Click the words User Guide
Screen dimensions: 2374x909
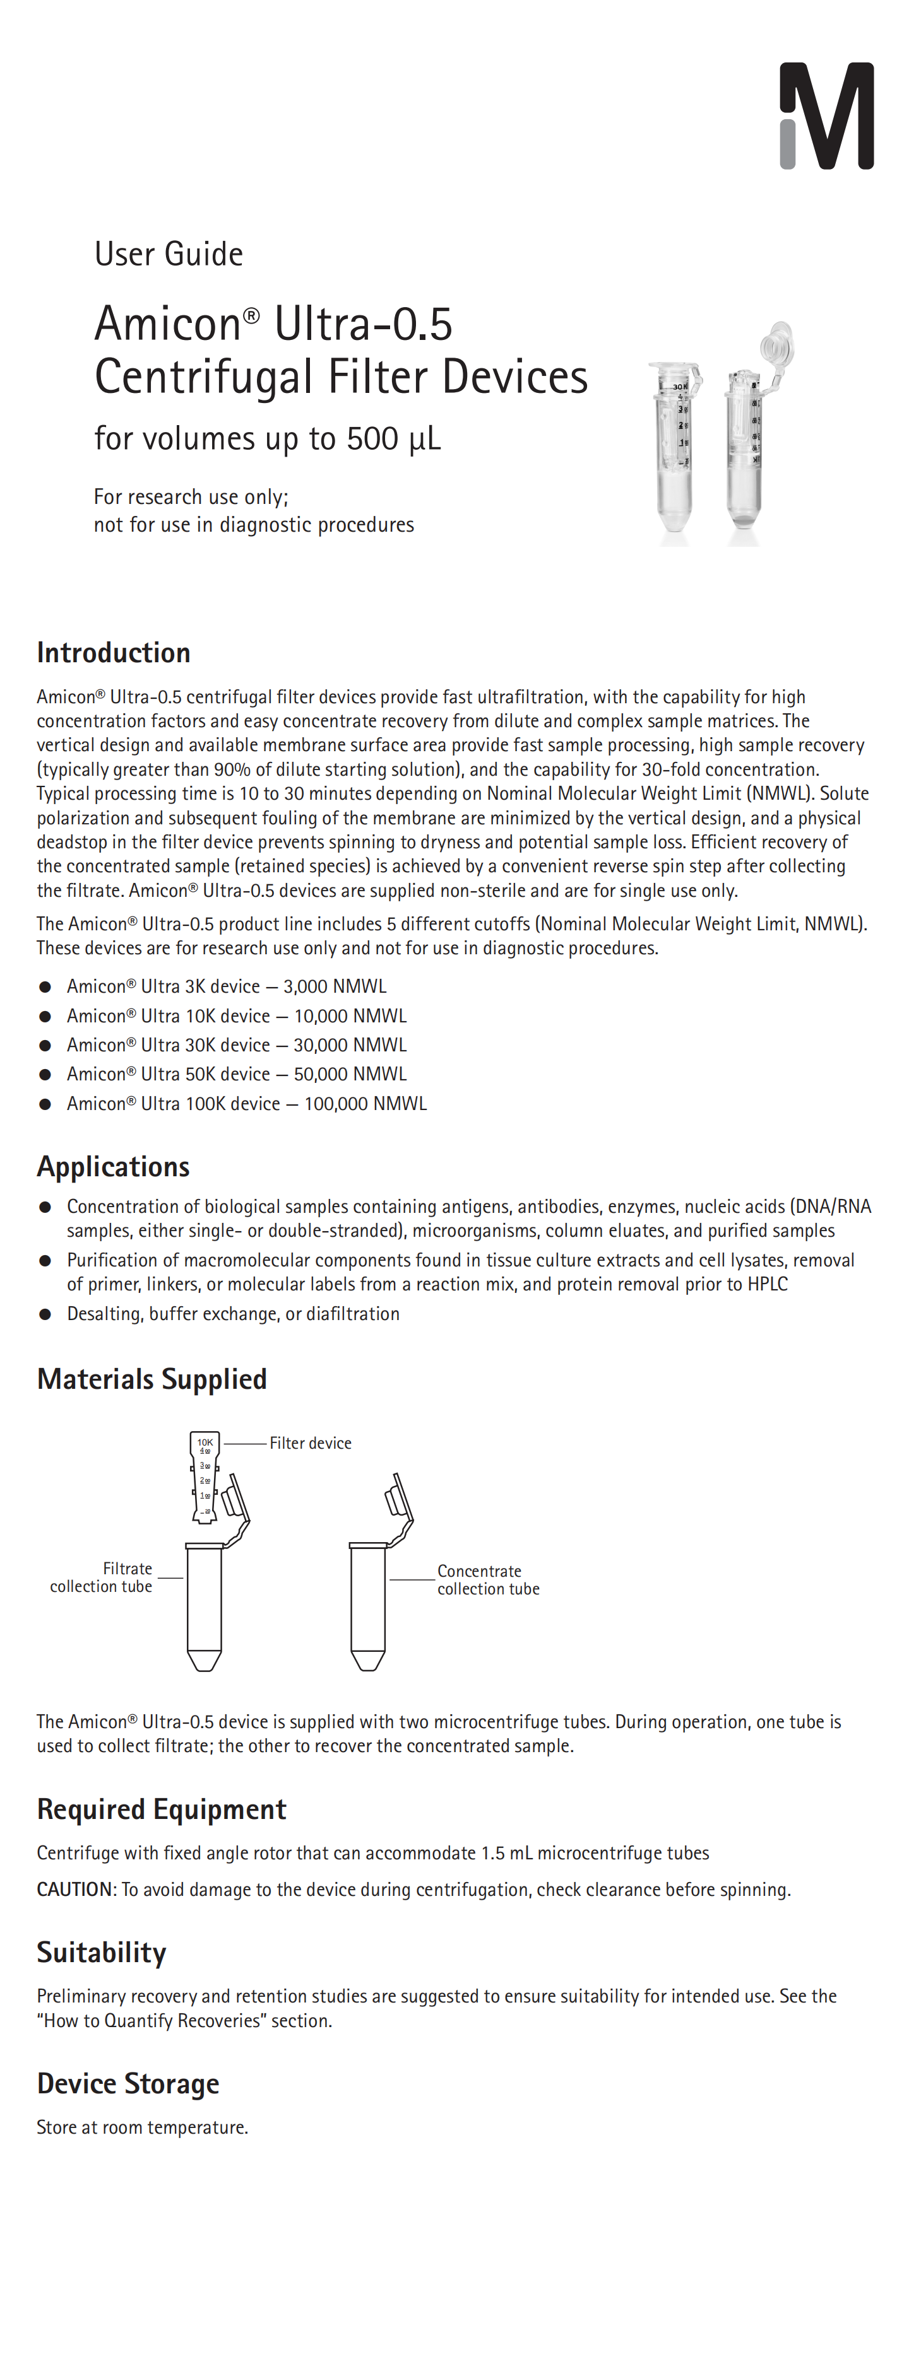169,254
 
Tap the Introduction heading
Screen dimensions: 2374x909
114,653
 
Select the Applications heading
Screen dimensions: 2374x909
114,1167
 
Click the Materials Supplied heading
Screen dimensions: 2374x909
152,1379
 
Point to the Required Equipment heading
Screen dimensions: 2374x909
162,1809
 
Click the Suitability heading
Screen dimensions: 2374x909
102,1952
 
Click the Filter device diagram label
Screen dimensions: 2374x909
310,1443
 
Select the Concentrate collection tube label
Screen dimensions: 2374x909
488,1579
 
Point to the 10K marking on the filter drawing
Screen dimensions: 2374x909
205,1441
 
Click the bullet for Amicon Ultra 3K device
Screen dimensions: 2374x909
44,987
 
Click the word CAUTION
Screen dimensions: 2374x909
74,1889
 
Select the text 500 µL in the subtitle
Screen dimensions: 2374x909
394,439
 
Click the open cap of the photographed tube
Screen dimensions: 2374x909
777,341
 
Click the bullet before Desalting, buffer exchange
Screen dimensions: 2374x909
44,1314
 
